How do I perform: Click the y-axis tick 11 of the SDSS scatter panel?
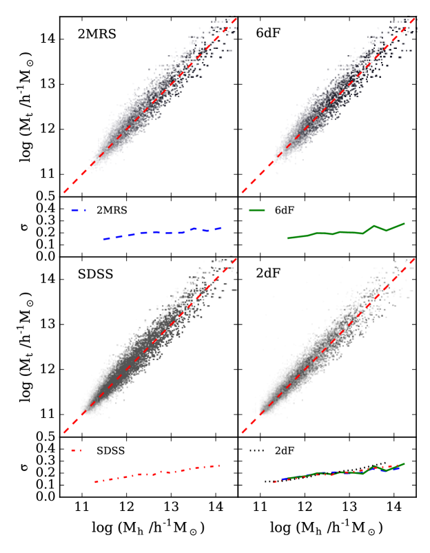tap(50, 415)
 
